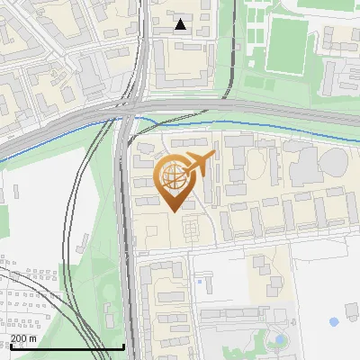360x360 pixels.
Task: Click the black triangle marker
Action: point(181,24)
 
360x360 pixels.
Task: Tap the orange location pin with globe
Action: point(177,180)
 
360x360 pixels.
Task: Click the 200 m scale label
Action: point(23,338)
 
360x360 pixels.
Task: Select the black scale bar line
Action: point(63,347)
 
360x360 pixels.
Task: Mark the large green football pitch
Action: point(286,45)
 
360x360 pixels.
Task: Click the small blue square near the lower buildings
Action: point(199,282)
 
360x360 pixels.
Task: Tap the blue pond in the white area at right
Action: point(334,321)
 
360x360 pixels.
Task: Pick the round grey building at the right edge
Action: point(332,163)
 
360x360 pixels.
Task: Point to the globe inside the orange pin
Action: point(175,175)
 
